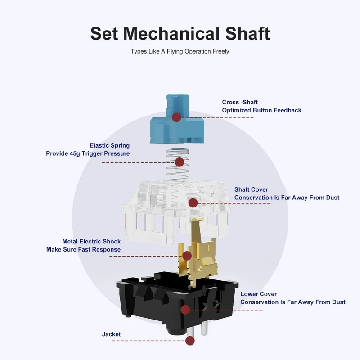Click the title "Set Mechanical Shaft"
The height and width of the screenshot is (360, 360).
tap(180, 33)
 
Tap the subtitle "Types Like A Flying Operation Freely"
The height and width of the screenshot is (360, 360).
tap(180, 51)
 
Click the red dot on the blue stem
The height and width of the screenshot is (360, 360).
tap(176, 117)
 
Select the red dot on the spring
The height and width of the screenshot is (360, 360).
tap(179, 162)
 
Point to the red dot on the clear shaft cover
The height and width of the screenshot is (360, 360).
tap(193, 203)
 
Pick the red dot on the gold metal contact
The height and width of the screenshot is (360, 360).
tap(187, 256)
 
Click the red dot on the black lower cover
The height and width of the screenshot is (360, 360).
tap(185, 310)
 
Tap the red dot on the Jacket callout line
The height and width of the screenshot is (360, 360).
tap(190, 341)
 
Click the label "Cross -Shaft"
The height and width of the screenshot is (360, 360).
tap(240, 102)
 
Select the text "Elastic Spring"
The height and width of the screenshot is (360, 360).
tap(110, 145)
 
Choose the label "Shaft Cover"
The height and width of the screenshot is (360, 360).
tap(251, 189)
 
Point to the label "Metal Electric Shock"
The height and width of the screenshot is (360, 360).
tap(91, 242)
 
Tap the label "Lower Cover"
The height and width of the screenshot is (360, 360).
tap(258, 294)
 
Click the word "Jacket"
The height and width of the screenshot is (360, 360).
tap(111, 334)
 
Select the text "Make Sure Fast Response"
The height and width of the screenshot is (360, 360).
tap(84, 250)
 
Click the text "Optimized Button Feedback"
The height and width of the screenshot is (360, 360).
tap(262, 110)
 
